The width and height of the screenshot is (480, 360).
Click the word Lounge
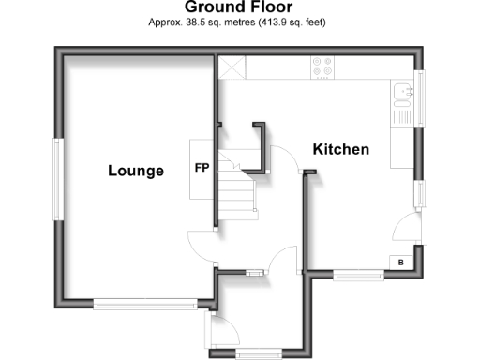click(x=135, y=171)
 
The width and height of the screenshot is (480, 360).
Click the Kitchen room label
click(x=340, y=149)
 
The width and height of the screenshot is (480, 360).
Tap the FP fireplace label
click(x=201, y=169)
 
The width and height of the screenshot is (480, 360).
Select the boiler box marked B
click(x=401, y=262)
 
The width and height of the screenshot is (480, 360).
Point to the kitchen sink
click(x=404, y=92)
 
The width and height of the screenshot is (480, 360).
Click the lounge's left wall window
click(x=57, y=180)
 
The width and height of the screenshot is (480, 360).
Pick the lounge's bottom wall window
click(x=145, y=303)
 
